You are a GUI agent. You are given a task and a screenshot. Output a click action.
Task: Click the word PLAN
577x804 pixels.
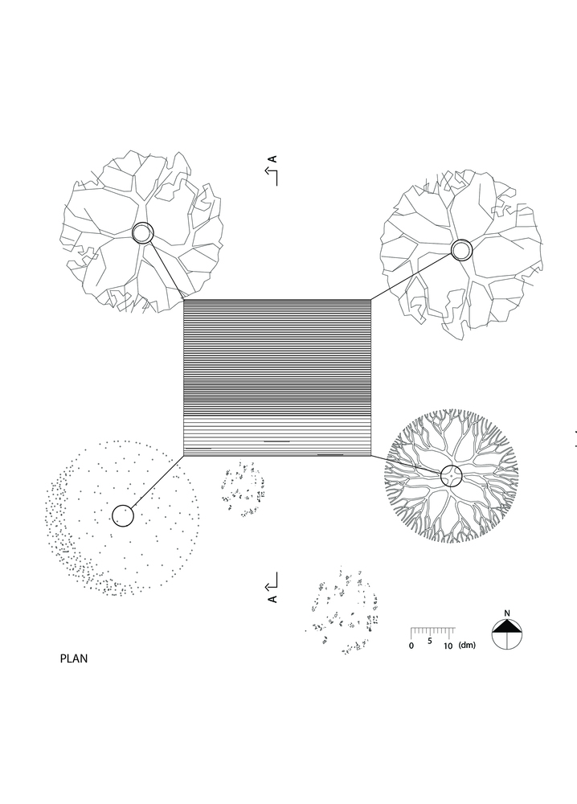click(74, 658)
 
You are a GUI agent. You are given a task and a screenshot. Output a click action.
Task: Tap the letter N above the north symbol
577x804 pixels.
click(507, 613)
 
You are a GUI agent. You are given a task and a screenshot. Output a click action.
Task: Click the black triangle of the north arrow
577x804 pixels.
click(507, 626)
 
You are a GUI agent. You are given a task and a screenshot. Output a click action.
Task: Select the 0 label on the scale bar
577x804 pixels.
click(411, 646)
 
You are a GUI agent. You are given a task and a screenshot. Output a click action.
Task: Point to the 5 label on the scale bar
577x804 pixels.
click(429, 641)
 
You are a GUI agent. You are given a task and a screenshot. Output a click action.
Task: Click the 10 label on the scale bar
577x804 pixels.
click(448, 646)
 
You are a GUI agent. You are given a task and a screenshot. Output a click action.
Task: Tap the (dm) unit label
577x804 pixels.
click(467, 645)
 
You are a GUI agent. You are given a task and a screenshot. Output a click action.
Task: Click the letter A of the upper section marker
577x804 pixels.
click(273, 159)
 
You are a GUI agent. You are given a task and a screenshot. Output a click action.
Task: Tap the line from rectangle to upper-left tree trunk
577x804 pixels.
click(166, 270)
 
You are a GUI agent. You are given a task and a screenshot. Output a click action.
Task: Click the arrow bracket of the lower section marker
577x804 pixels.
click(272, 581)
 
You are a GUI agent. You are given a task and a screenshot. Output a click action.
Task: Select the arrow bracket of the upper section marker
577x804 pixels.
click(272, 176)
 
